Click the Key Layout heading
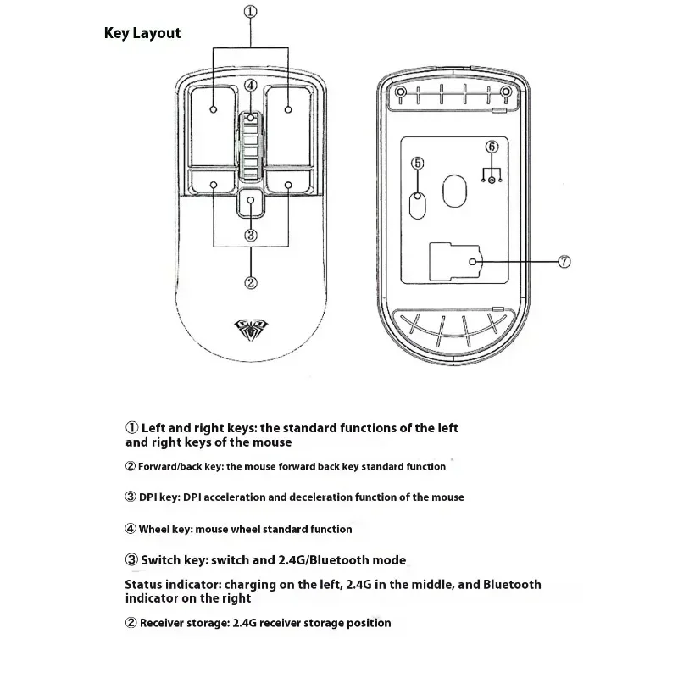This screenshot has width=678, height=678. click(142, 33)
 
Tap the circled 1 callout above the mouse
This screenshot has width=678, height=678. click(250, 12)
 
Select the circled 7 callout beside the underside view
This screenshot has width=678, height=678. click(565, 263)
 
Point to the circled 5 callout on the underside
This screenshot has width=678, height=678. click(417, 162)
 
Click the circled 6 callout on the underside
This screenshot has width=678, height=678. click(492, 146)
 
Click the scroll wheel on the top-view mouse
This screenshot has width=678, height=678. click(251, 146)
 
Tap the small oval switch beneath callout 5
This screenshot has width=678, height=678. click(417, 203)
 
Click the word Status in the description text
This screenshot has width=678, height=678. click(145, 585)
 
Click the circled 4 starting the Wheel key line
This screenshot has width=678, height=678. click(131, 529)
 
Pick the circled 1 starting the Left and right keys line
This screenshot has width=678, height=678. click(131, 428)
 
